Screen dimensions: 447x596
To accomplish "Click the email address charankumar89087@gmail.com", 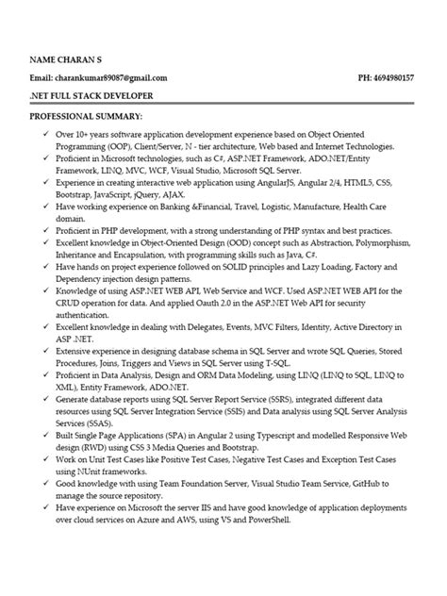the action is tap(113, 77).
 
